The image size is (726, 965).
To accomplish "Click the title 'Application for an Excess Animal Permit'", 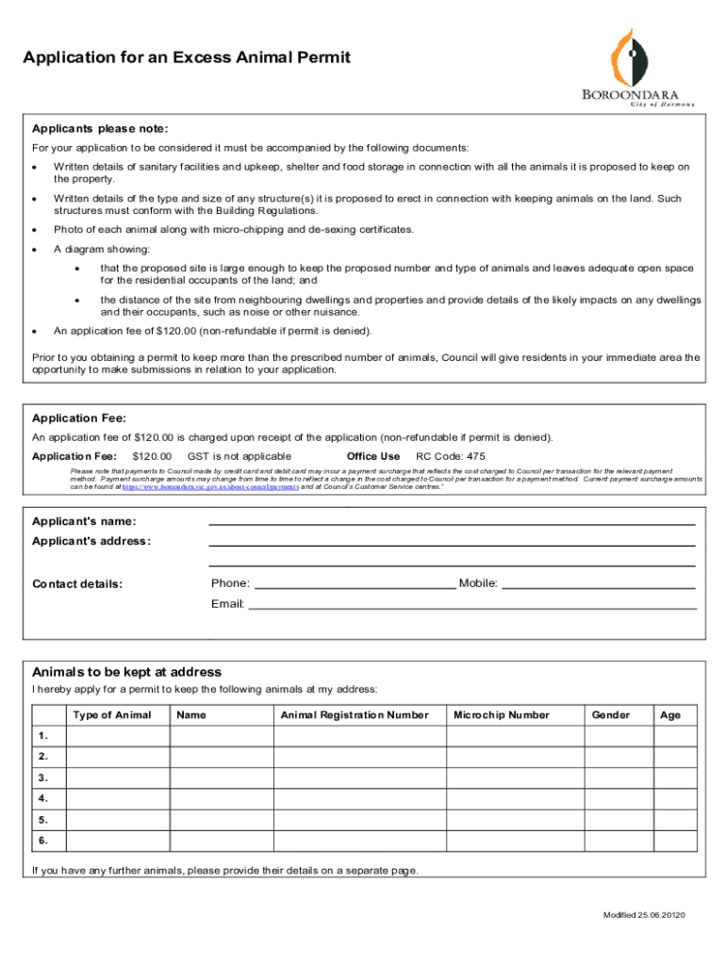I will [187, 58].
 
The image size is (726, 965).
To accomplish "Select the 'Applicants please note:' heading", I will [100, 129].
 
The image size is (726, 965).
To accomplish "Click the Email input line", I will [471, 604].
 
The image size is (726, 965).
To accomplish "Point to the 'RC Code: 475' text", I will [451, 456].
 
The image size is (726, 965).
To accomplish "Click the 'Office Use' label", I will [373, 456].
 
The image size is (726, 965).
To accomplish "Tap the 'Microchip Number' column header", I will [501, 715].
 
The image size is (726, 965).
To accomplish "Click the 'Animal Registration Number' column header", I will [355, 715].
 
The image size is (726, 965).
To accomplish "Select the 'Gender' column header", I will [610, 715].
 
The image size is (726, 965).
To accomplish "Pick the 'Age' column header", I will [670, 715].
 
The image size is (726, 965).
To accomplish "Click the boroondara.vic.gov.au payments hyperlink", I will [210, 487].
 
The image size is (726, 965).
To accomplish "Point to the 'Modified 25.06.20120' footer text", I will [644, 916].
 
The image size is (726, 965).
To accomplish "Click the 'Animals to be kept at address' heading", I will [126, 672].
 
